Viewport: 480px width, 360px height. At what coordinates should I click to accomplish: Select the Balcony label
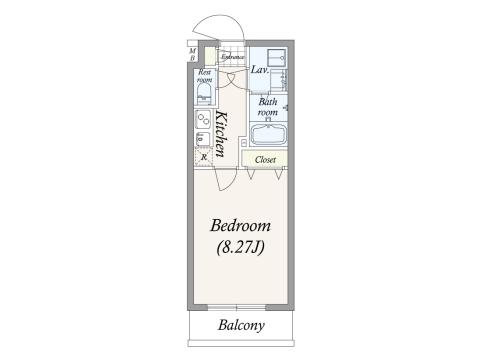click(240, 326)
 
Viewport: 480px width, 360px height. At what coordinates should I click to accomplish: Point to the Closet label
click(265, 159)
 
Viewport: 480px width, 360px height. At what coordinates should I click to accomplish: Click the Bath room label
click(267, 107)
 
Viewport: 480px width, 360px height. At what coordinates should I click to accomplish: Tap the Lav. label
click(258, 70)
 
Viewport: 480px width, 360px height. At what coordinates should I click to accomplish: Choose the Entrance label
click(233, 57)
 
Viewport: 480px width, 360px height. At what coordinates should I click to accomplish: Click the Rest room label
click(204, 77)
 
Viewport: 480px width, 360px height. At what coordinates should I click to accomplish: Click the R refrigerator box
click(203, 156)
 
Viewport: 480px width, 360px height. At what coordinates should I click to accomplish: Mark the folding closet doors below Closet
click(265, 174)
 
